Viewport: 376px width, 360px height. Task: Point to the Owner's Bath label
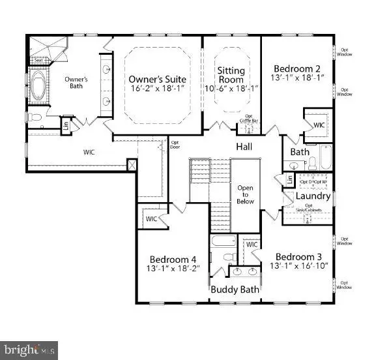pyautogui.click(x=76, y=83)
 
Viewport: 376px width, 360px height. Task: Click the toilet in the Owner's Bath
pyautogui.click(x=36, y=118)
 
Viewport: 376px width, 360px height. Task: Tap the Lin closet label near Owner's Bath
pyautogui.click(x=65, y=124)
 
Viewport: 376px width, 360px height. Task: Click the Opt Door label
pyautogui.click(x=175, y=143)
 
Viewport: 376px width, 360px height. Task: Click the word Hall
pyautogui.click(x=244, y=147)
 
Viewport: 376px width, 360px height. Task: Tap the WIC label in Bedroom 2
pyautogui.click(x=319, y=125)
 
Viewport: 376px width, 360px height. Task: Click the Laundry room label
pyautogui.click(x=313, y=196)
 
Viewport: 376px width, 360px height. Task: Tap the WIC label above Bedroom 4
pyautogui.click(x=151, y=218)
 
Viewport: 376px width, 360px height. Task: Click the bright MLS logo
pyautogui.click(x=29, y=350)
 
